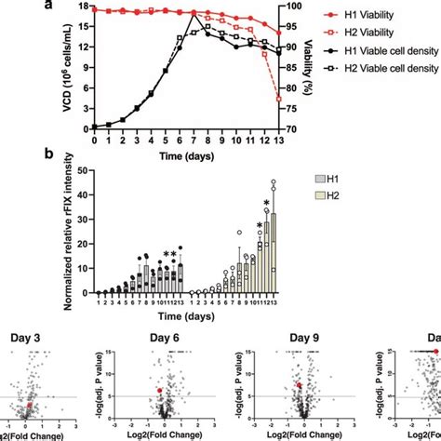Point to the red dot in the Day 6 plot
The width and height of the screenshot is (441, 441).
pos(160,391)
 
